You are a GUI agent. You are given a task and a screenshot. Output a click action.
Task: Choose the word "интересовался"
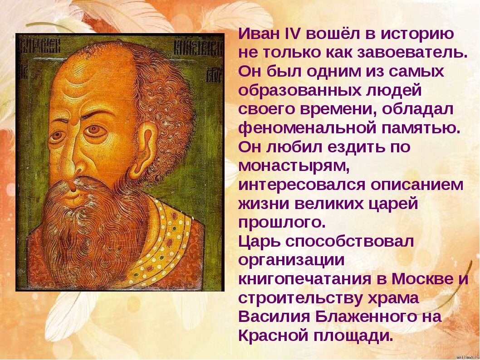click(x=302, y=185)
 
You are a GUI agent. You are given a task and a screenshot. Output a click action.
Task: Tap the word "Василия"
click(x=272, y=317)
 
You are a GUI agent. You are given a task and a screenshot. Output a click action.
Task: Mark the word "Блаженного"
click(x=357, y=317)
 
